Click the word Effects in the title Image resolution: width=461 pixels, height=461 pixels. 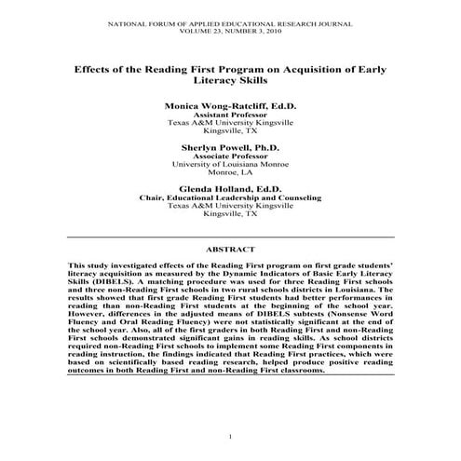pos(98,70)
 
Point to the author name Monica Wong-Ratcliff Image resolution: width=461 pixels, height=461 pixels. pos(230,106)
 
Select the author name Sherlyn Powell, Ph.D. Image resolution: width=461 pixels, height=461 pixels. pos(230,147)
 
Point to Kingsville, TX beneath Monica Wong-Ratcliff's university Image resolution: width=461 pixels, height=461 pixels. pos(230,131)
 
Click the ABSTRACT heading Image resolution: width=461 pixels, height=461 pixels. pos(230,251)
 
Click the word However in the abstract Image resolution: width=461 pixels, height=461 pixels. pos(88,327)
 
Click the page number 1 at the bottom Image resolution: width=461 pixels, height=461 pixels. pos(230,437)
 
